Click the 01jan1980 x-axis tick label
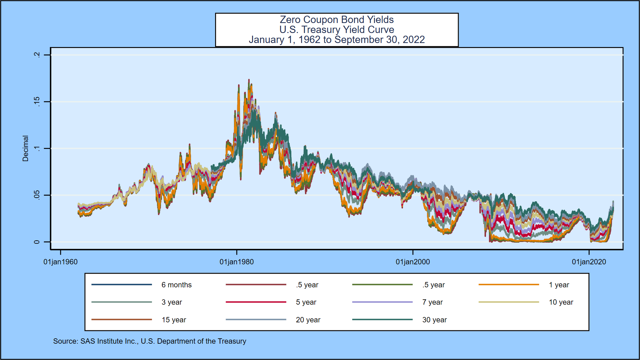236,262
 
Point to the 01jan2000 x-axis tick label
413,262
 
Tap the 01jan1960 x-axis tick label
60,262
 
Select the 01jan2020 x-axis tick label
589,262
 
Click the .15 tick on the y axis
37,102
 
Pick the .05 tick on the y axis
37,195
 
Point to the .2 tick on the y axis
37,55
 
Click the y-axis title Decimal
25,148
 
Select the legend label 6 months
176,285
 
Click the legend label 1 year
559,285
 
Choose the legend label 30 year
434,320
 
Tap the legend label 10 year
561,302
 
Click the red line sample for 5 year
256,302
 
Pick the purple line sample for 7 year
382,302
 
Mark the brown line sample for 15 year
122,320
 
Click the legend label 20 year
308,320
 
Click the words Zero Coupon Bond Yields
337,20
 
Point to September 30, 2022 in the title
380,40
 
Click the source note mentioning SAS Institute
150,341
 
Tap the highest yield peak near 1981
249,80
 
